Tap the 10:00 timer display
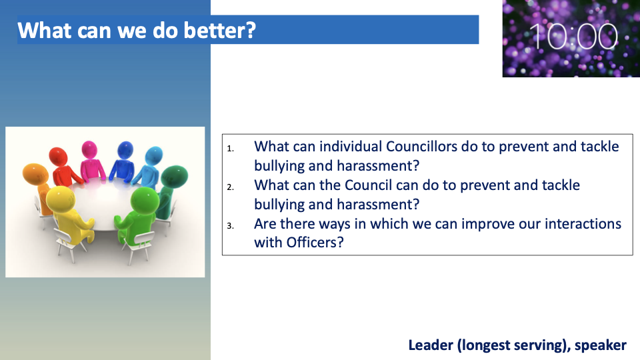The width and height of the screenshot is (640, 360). pyautogui.click(x=573, y=37)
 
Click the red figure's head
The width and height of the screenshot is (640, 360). pyautogui.click(x=58, y=156)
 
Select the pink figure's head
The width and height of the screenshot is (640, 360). pyautogui.click(x=89, y=149)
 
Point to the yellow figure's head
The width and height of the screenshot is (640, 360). pyautogui.click(x=61, y=199)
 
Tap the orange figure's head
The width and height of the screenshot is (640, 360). pyautogui.click(x=35, y=173)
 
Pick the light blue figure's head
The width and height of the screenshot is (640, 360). pyautogui.click(x=154, y=155)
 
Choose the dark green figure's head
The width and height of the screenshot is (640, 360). pyautogui.click(x=174, y=176)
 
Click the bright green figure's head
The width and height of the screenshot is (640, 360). pyautogui.click(x=145, y=199)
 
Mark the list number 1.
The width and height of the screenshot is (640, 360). pyautogui.click(x=231, y=149)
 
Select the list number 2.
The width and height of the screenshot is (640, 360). pyautogui.click(x=231, y=187)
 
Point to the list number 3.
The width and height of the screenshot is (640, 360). pyautogui.click(x=231, y=226)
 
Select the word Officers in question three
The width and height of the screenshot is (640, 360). pyautogui.click(x=315, y=243)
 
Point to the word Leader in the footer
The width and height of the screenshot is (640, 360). pyautogui.click(x=431, y=345)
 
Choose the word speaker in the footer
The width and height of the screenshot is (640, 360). pyautogui.click(x=601, y=346)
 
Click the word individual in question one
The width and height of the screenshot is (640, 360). pyautogui.click(x=351, y=146)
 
